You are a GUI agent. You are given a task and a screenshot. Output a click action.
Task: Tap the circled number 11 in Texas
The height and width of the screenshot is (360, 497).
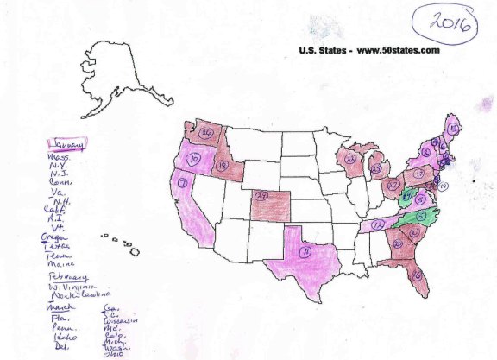(x=305, y=251)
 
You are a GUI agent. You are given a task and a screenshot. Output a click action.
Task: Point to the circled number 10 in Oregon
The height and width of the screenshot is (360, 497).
(x=195, y=160)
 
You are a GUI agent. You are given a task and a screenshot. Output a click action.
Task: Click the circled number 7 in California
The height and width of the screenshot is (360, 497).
(x=183, y=183)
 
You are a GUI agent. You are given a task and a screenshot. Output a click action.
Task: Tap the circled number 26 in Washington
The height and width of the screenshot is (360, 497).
(x=206, y=134)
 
